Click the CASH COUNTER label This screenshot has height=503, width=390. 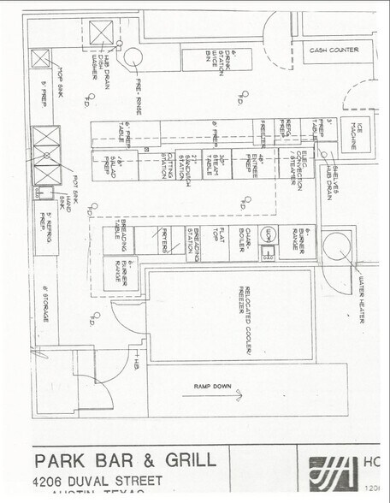pos(334,50)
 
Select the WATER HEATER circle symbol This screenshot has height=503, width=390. pos(336,243)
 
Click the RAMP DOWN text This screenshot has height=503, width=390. pos(212,387)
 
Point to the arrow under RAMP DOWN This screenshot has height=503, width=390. pos(237,394)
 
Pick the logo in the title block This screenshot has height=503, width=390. pos(333,473)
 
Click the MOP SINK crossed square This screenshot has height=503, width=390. pos(40,58)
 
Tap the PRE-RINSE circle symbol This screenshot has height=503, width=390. pos(133,57)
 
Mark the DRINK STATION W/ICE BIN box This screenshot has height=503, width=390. pos(216,59)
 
